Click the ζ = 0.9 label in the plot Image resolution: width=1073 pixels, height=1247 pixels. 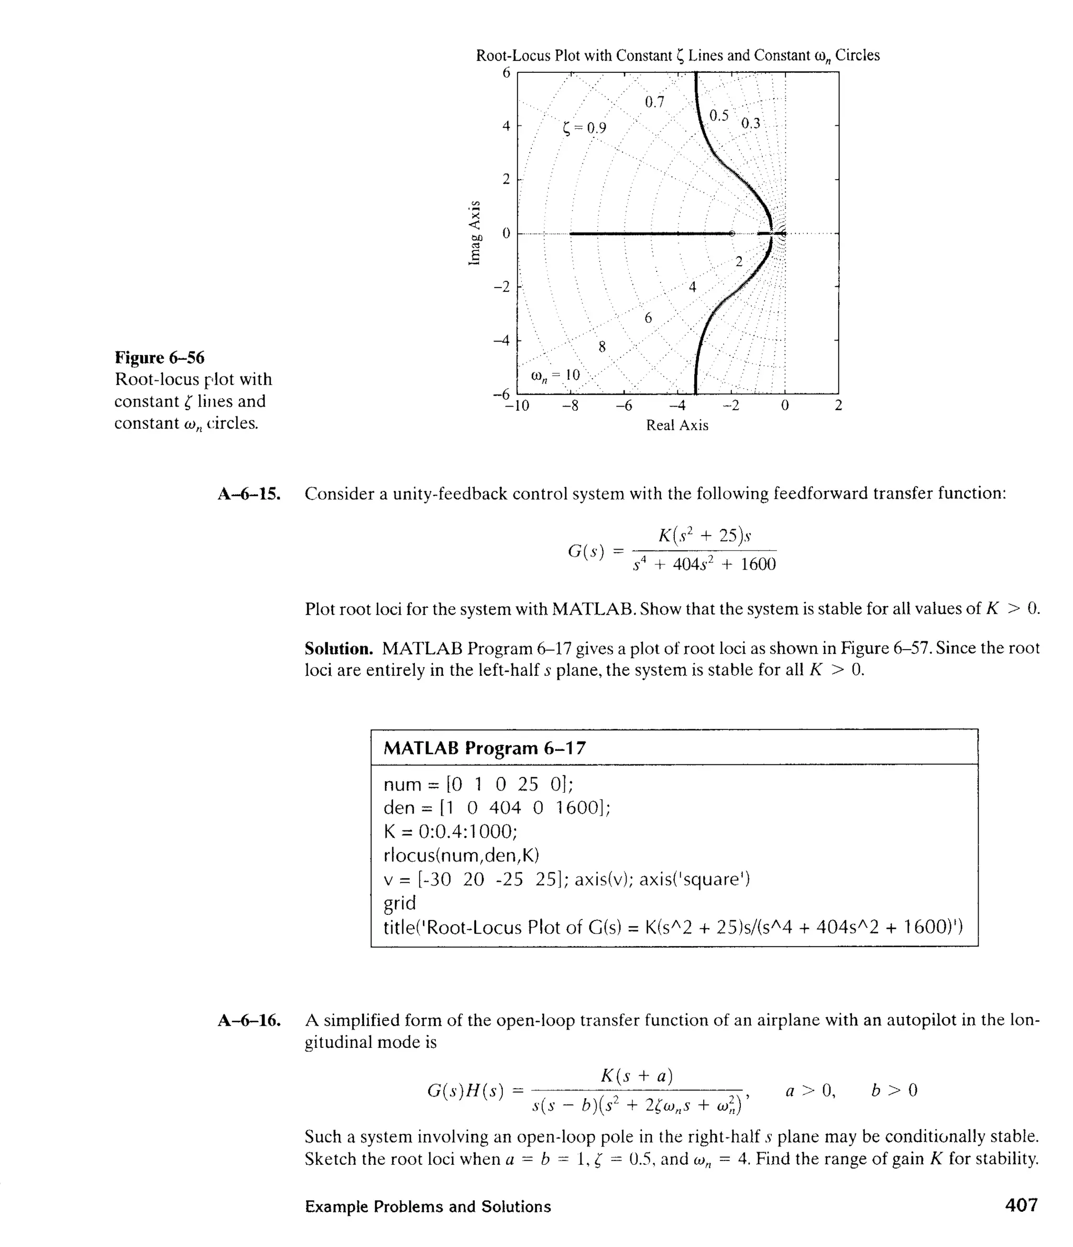[584, 128]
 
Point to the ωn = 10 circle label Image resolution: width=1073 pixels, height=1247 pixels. [555, 376]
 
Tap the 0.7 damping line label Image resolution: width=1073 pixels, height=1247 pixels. [654, 102]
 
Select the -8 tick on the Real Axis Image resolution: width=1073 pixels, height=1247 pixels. [570, 406]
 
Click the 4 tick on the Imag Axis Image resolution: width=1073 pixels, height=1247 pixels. [506, 126]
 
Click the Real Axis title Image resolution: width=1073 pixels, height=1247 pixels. [677, 425]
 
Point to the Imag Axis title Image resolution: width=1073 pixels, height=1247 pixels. [475, 232]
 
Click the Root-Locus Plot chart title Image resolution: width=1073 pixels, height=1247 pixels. [677, 56]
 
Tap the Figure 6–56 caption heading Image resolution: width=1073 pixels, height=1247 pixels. [159, 357]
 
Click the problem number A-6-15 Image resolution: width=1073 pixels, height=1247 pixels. [249, 494]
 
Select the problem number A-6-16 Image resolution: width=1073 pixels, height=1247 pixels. [249, 1021]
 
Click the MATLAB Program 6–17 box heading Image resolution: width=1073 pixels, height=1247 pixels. [485, 748]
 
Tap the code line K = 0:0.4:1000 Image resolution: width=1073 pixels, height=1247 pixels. [450, 831]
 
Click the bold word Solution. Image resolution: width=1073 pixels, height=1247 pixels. [338, 649]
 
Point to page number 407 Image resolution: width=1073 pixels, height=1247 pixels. [1021, 1206]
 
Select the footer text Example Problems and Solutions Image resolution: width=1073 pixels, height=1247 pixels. [428, 1207]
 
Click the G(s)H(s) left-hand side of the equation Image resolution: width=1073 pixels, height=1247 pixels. [465, 1090]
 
